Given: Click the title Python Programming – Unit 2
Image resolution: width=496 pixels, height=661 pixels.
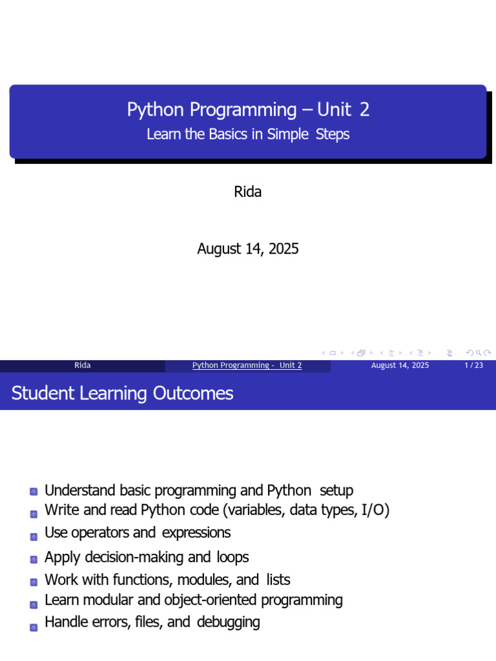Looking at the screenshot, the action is tap(248, 110).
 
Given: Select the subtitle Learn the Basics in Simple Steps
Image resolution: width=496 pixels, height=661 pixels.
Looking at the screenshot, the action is tap(248, 134).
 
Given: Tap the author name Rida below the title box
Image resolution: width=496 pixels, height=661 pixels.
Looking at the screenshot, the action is tap(247, 192).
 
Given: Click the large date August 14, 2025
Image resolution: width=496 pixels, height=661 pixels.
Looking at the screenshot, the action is tap(248, 249).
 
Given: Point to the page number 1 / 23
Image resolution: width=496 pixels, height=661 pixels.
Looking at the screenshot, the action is tap(473, 365).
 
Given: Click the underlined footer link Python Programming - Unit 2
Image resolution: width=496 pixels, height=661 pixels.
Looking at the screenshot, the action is tap(247, 365).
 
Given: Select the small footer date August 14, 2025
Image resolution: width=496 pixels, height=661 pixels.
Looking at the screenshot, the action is tap(400, 365).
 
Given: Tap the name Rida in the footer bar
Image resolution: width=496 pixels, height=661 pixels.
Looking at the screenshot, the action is tap(82, 365).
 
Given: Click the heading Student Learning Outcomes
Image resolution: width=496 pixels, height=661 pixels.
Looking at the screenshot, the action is tap(122, 393).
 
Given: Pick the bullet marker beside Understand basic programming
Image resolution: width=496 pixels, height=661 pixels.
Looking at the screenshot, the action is tap(34, 491).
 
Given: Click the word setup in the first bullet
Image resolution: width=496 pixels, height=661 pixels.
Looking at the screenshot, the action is tap(336, 491).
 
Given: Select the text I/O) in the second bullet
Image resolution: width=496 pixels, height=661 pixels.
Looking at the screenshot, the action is tap(375, 510).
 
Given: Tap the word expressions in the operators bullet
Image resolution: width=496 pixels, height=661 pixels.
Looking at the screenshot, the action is tap(196, 533).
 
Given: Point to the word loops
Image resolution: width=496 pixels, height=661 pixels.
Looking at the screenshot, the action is tap(232, 557).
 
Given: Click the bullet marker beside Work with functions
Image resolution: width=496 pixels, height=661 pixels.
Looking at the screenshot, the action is tap(34, 582).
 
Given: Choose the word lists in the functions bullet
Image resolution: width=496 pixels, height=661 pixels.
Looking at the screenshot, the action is tap(278, 580).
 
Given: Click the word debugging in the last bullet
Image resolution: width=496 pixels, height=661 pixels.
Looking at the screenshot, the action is tap(228, 622).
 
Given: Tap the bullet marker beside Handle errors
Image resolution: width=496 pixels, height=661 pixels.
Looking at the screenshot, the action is tap(34, 627).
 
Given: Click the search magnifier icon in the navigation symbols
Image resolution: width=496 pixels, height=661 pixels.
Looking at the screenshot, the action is tap(479, 353).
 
